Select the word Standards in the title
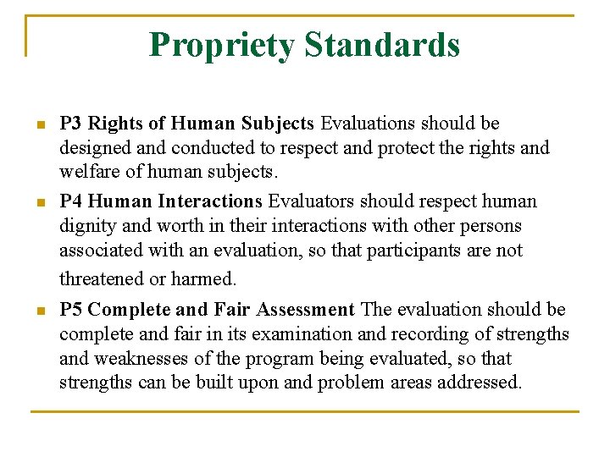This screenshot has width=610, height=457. pyautogui.click(x=382, y=44)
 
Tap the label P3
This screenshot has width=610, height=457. pyautogui.click(x=71, y=124)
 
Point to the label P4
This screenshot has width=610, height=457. pyautogui.click(x=71, y=201)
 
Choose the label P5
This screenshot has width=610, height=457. pyautogui.click(x=71, y=310)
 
